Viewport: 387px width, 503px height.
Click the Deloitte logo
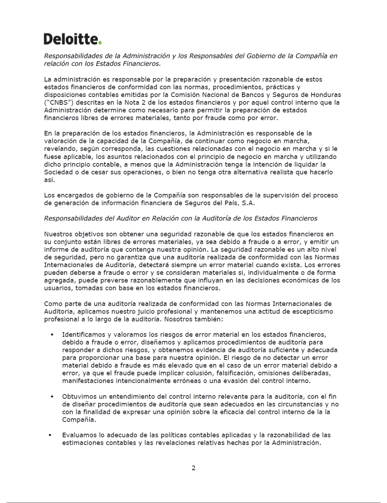(x=72, y=39)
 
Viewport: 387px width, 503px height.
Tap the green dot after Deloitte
(x=100, y=43)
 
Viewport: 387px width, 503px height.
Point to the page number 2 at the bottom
(x=193, y=468)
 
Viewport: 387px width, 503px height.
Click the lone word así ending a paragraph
(x=49, y=180)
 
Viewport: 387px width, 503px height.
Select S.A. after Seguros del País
(x=248, y=203)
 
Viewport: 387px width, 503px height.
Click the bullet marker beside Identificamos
(x=52, y=334)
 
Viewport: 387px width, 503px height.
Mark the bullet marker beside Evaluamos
(x=50, y=435)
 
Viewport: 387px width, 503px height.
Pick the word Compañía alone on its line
(x=79, y=420)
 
